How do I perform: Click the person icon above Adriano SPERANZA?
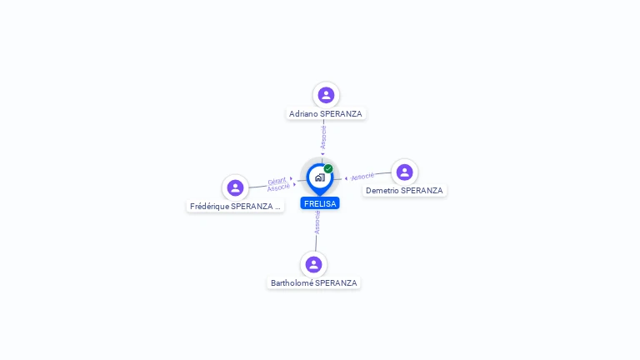tap(326, 95)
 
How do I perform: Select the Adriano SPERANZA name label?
tap(326, 113)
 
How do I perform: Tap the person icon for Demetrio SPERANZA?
tap(404, 172)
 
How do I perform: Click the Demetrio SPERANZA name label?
tap(404, 190)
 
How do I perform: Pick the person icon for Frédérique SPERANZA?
tap(235, 187)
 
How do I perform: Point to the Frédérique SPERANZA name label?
tap(235, 206)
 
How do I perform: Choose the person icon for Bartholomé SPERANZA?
tap(313, 264)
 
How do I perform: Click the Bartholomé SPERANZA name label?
tap(313, 282)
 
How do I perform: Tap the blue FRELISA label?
tap(320, 203)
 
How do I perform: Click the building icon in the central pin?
tap(319, 177)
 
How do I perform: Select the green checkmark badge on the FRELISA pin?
tap(328, 168)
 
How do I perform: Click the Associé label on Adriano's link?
tap(323, 137)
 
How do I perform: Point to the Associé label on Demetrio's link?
tap(362, 176)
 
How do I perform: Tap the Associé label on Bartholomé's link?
tap(317, 222)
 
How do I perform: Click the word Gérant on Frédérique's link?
tap(277, 180)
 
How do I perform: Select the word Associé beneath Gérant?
tap(278, 187)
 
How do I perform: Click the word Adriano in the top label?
tap(303, 113)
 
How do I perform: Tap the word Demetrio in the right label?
tap(382, 190)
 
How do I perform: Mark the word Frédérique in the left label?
tap(209, 206)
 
